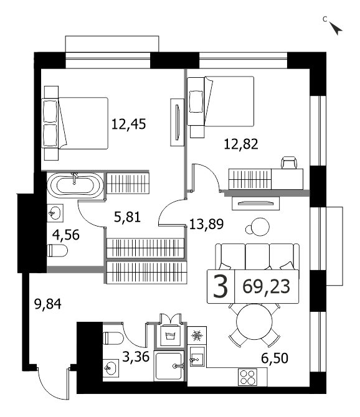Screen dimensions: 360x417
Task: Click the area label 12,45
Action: click(128, 124)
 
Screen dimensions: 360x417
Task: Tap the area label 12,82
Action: click(241, 144)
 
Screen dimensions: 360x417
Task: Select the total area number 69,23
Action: click(266, 287)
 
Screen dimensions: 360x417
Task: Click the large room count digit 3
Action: click(220, 287)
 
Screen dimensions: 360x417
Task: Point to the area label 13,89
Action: click(206, 224)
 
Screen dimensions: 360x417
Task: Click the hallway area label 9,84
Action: click(48, 304)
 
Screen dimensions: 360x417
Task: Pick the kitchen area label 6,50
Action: click(275, 358)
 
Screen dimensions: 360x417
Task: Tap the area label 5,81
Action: click(127, 217)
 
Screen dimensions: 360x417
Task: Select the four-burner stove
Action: click(247, 377)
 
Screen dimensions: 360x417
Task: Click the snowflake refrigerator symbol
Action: click(197, 336)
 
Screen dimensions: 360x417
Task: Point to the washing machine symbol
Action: click(170, 335)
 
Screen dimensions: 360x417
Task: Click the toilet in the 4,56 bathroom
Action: click(57, 251)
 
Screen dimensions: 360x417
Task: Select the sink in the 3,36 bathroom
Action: click(111, 368)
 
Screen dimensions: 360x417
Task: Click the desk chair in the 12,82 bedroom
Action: click(290, 163)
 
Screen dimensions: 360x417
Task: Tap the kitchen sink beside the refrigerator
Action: click(197, 357)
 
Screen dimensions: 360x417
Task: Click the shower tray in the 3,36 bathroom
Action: click(169, 366)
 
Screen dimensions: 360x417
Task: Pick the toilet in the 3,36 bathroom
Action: click(113, 339)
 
